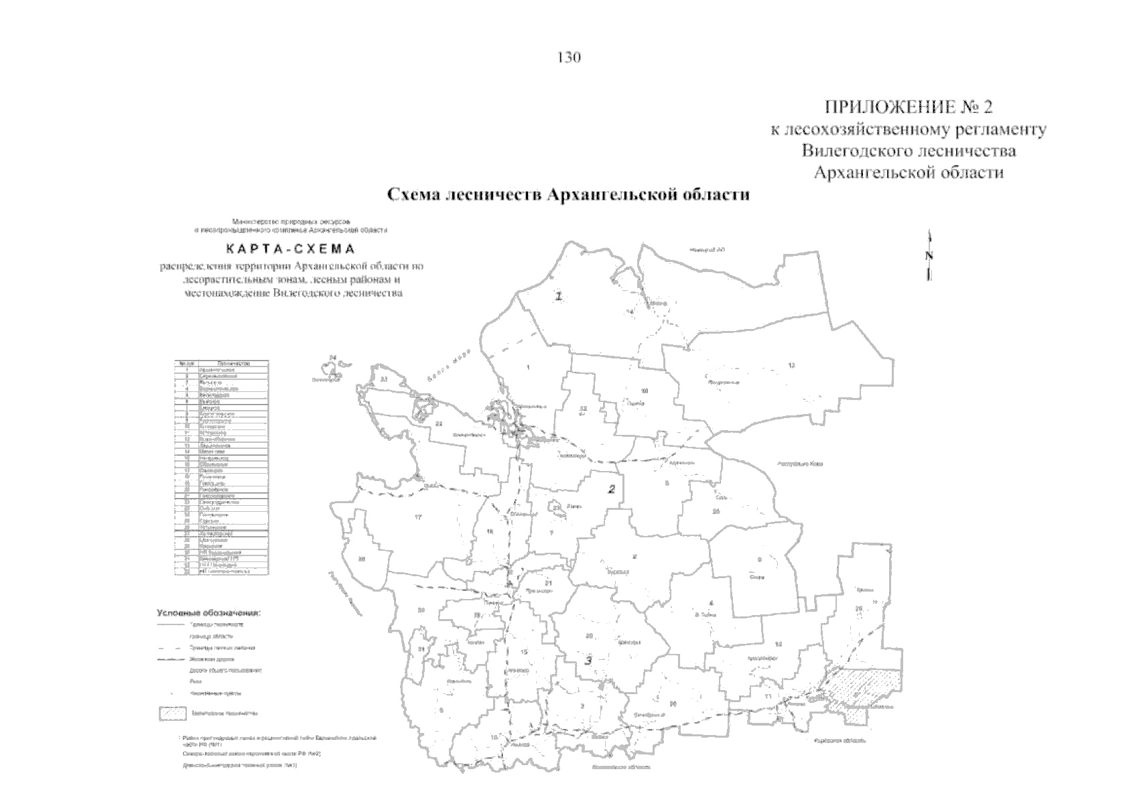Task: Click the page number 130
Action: pyautogui.click(x=568, y=58)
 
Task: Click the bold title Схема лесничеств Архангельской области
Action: pyautogui.click(x=568, y=195)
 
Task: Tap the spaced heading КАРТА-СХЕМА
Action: pyautogui.click(x=290, y=249)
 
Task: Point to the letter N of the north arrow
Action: pyautogui.click(x=929, y=256)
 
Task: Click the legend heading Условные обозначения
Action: pyautogui.click(x=208, y=612)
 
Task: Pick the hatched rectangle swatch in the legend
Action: pyautogui.click(x=172, y=714)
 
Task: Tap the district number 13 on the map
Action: pyautogui.click(x=791, y=365)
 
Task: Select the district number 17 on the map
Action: pyautogui.click(x=418, y=516)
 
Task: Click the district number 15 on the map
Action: pyautogui.click(x=525, y=652)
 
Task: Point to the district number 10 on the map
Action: pyautogui.click(x=645, y=391)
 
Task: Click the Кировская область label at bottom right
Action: pyautogui.click(x=840, y=741)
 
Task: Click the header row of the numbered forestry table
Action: pyautogui.click(x=221, y=363)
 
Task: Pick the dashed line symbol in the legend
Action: pyautogui.click(x=171, y=648)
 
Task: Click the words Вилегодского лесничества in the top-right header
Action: pyautogui.click(x=909, y=151)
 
